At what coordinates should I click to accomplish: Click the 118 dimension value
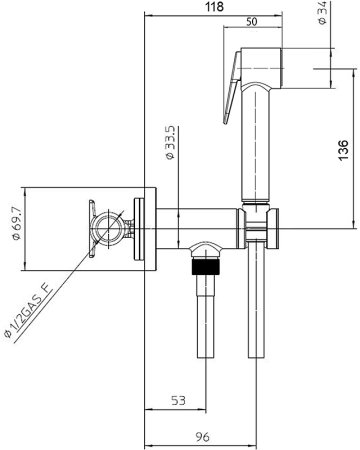[x=214, y=7]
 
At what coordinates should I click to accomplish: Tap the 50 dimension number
[x=252, y=22]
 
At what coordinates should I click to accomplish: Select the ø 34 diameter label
[x=322, y=13]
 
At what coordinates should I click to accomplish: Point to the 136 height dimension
[x=343, y=150]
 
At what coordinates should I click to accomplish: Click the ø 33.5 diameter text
[x=170, y=143]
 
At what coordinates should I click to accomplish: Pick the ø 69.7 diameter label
[x=16, y=223]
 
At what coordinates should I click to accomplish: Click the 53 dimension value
[x=178, y=400]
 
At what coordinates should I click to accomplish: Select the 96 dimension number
[x=202, y=437]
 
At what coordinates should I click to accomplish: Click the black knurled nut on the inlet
[x=206, y=266]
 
